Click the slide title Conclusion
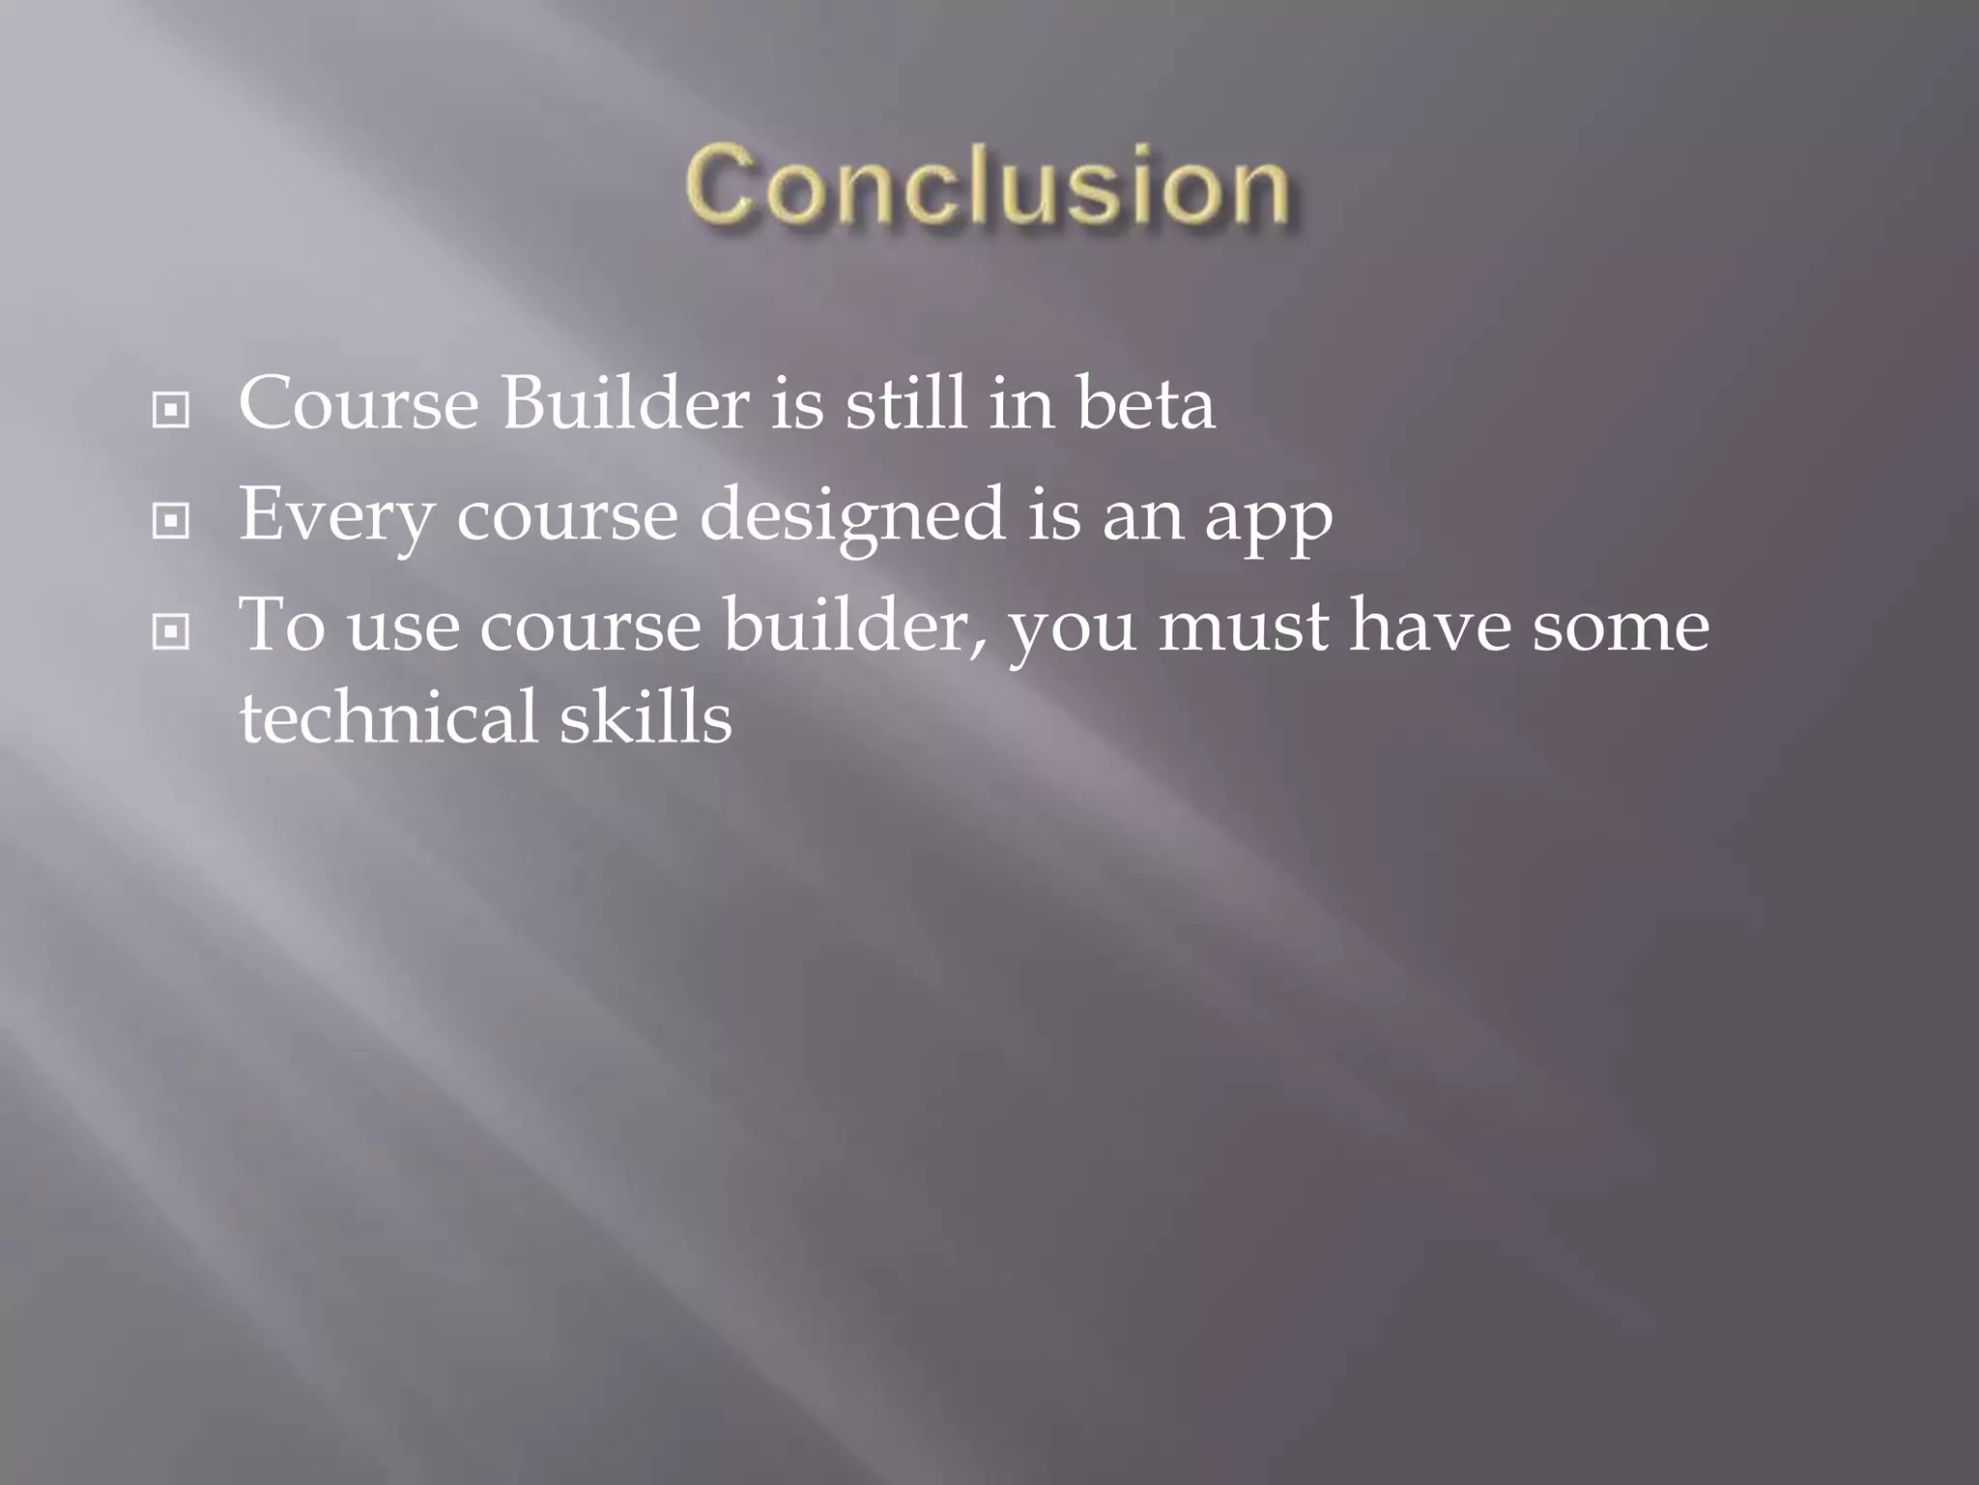(x=988, y=186)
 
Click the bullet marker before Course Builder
(x=171, y=411)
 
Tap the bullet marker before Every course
(x=171, y=522)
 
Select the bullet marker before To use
(x=171, y=633)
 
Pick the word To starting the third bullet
(x=282, y=626)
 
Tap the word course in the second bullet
(x=567, y=516)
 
